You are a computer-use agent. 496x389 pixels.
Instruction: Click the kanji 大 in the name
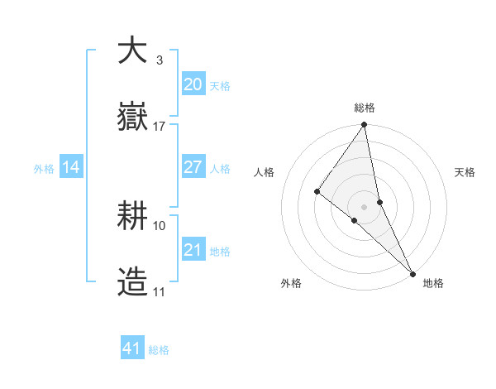(132, 50)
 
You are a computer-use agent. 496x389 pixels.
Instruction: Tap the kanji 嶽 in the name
(132, 118)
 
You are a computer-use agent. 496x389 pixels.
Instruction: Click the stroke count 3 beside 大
(159, 60)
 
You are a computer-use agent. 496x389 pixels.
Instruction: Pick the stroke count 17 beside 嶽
(160, 127)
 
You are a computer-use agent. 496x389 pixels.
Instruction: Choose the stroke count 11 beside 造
(160, 292)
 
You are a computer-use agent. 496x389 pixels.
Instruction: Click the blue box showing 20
(193, 84)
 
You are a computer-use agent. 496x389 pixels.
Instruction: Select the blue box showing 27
(193, 167)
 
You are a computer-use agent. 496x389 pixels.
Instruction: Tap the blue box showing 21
(193, 250)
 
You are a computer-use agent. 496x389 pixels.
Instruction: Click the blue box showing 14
(71, 167)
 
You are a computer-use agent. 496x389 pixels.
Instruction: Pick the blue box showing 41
(132, 348)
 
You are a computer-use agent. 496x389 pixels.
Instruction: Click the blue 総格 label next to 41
(159, 350)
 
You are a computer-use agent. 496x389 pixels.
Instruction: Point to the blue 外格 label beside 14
(44, 169)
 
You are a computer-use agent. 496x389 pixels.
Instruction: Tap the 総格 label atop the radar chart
(365, 108)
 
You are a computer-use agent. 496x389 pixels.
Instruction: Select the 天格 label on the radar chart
(465, 172)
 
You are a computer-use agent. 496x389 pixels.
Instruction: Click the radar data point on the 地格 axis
(413, 272)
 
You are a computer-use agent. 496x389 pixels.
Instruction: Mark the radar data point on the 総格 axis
(365, 125)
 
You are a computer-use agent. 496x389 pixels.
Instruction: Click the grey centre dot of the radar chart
(365, 206)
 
